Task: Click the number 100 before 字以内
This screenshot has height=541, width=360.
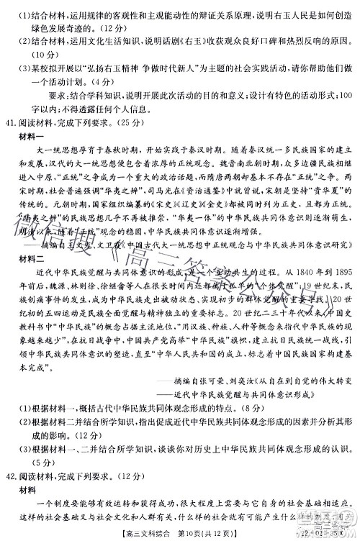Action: click(x=343, y=95)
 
